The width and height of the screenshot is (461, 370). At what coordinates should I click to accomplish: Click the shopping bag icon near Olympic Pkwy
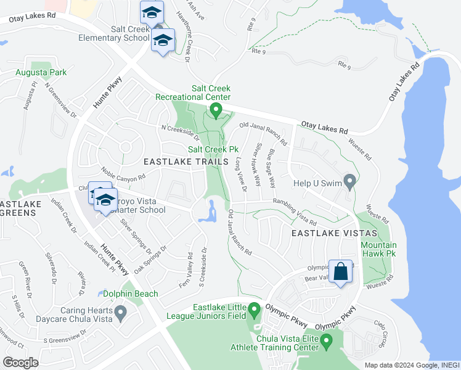340,272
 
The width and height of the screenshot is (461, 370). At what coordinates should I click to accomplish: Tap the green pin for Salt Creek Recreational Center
216,110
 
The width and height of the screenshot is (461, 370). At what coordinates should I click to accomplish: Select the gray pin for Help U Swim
350,182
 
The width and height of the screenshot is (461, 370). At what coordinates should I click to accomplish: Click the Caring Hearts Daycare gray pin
121,314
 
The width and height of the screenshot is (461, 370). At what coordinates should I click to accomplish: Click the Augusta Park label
41,73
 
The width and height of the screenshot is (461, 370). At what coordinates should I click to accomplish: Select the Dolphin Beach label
131,294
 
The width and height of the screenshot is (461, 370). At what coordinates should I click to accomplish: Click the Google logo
21,363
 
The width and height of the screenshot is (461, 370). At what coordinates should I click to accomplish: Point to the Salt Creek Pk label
213,149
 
